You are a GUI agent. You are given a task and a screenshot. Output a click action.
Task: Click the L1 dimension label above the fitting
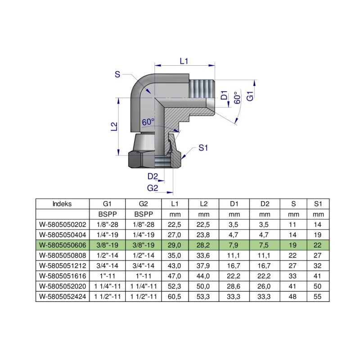pos(184,61)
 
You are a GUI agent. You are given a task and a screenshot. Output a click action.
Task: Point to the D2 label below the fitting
pos(153,176)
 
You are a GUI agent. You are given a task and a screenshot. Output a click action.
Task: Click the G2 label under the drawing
pos(153,187)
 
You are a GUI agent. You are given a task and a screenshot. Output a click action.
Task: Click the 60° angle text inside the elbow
pos(148,122)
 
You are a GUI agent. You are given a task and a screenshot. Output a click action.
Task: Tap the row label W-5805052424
pos(63,296)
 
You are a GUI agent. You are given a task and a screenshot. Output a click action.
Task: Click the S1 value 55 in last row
pos(318,296)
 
